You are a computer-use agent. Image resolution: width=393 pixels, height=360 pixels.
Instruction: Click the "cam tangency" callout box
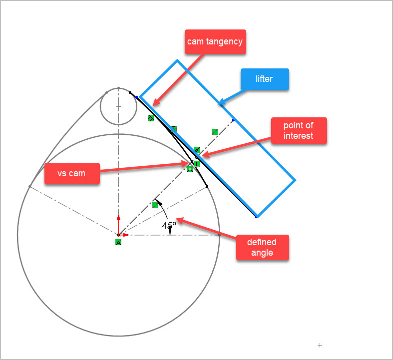(215, 41)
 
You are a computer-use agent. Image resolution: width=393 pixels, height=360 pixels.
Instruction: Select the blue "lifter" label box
(264, 79)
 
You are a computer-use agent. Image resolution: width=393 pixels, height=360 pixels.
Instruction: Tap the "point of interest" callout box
(299, 130)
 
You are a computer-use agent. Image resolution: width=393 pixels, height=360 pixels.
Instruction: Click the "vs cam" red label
(71, 173)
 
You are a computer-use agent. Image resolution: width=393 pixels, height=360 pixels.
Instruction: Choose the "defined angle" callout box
(262, 247)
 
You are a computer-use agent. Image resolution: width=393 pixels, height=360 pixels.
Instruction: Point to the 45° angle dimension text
(169, 225)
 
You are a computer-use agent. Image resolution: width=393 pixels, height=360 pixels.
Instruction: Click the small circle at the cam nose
(118, 106)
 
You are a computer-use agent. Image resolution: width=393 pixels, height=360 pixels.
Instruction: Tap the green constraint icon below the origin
(118, 242)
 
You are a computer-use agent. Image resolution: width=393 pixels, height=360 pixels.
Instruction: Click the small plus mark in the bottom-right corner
(320, 345)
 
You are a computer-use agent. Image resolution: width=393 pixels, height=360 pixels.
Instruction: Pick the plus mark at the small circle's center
(118, 106)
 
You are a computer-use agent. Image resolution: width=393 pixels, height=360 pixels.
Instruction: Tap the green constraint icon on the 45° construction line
(155, 205)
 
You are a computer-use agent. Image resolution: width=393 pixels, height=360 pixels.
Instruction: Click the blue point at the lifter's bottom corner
(257, 217)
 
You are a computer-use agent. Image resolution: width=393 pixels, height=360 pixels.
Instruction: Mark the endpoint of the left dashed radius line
(29, 186)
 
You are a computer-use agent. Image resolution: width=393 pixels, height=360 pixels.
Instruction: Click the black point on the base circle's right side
(207, 187)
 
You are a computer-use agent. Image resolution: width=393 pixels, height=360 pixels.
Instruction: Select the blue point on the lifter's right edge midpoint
(233, 120)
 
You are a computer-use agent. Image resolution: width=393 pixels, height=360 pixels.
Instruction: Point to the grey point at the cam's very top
(118, 88)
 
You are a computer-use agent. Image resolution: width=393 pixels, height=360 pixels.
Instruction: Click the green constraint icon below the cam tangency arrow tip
(150, 118)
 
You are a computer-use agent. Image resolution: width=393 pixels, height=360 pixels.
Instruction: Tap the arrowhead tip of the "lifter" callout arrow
(219, 105)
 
